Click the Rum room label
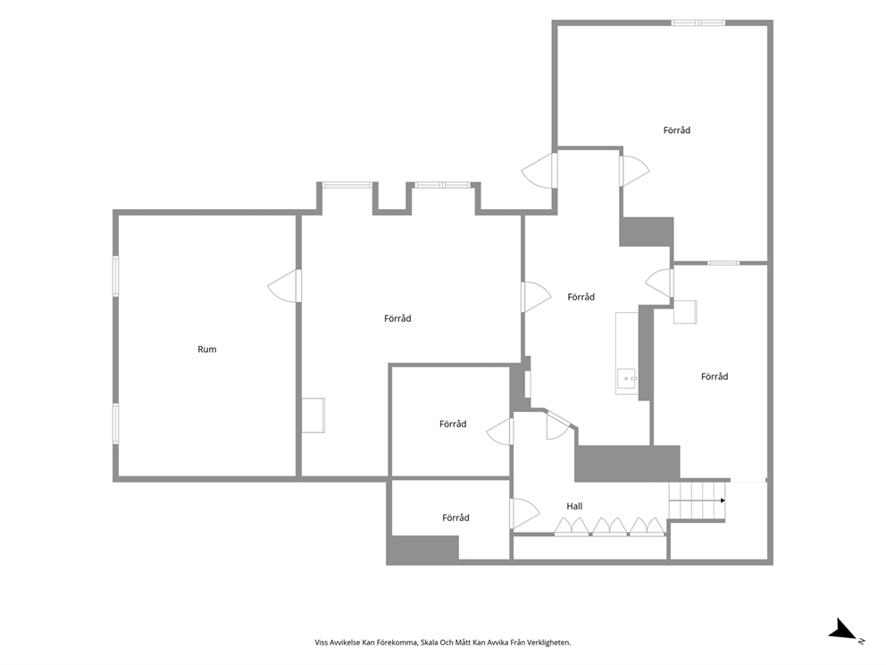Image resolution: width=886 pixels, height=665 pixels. coord(207,349)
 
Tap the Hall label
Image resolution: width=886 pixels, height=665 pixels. coord(574,506)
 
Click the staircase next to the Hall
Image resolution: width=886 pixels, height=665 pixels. coord(698,501)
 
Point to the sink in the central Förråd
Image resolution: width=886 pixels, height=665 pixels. coord(627,378)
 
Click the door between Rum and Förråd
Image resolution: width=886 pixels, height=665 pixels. coord(284,285)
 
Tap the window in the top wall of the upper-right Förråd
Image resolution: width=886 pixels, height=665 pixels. coord(698,23)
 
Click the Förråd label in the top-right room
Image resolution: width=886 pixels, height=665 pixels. coord(676,130)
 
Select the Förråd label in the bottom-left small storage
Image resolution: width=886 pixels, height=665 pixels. coord(456,518)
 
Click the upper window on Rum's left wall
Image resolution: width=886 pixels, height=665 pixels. coord(116,276)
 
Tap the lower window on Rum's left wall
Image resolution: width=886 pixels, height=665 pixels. coord(116,423)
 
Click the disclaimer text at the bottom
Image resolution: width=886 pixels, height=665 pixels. coord(442,643)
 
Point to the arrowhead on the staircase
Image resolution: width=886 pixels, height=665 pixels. coord(723,501)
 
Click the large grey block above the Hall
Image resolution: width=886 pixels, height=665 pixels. coord(627,463)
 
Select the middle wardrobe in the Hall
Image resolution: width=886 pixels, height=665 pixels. coord(609,526)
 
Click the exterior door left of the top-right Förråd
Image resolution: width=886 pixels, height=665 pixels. coord(539,170)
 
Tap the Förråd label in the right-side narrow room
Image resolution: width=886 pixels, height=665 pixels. coord(715,376)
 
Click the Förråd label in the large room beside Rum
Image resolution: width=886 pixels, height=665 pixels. coord(397,318)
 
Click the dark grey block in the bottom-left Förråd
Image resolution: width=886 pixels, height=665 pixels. coord(422,549)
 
